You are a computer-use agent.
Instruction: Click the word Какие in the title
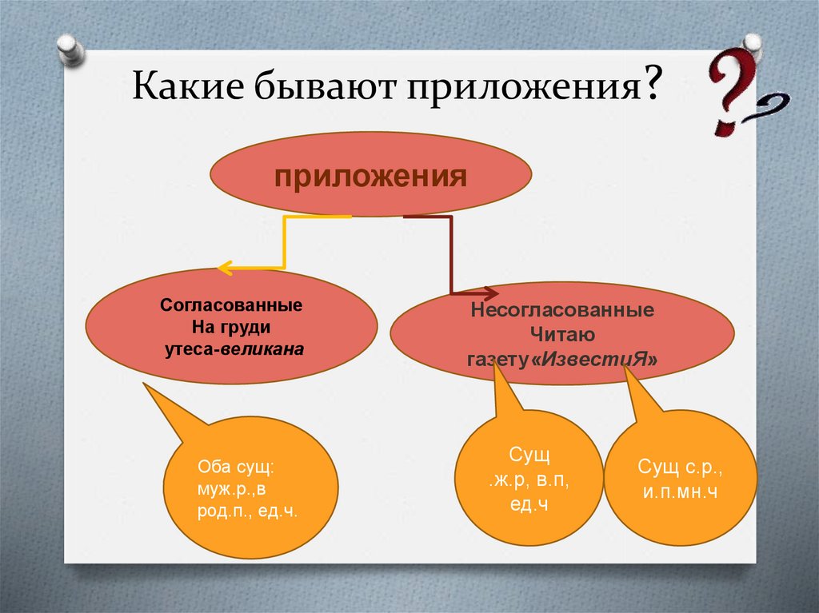click(x=188, y=84)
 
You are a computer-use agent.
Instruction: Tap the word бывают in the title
click(x=326, y=85)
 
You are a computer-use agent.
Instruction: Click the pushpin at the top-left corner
click(x=70, y=50)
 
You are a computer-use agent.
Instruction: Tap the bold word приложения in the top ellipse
click(x=370, y=177)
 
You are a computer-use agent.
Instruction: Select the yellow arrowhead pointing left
click(x=225, y=269)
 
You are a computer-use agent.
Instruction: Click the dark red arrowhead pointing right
click(x=490, y=293)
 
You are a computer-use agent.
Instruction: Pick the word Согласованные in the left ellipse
click(x=231, y=305)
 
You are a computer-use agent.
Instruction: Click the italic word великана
click(x=262, y=349)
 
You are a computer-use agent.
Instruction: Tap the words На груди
click(x=231, y=328)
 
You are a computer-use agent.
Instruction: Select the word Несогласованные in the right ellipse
click(x=562, y=310)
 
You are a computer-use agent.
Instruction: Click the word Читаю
click(x=562, y=334)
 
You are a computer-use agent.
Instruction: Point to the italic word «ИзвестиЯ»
click(x=594, y=359)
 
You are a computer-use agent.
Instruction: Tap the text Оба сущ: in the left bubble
click(x=236, y=467)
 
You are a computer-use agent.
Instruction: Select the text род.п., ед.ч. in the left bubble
click(x=247, y=511)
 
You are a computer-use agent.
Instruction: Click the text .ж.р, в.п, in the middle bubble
click(x=529, y=480)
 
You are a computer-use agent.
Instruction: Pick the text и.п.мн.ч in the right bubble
click(x=680, y=492)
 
